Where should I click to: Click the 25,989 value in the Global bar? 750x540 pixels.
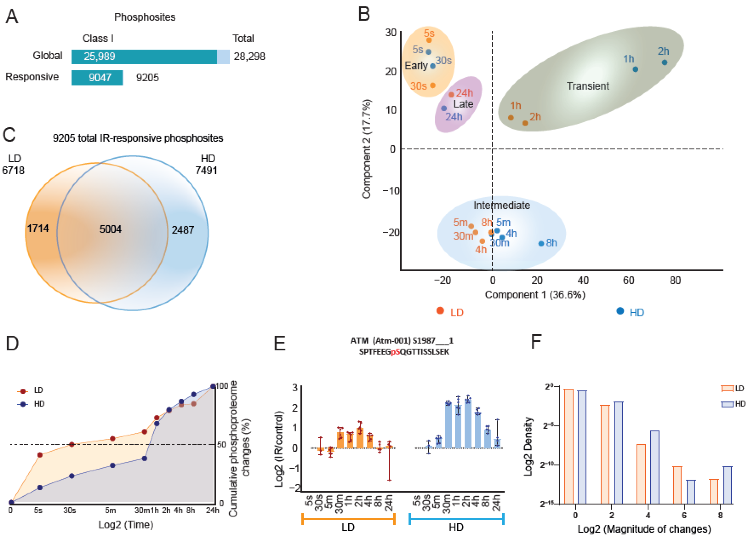99,56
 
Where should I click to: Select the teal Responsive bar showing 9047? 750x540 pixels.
97,78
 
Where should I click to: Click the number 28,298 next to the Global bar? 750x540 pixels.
249,56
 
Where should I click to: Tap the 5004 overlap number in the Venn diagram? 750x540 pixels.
110,229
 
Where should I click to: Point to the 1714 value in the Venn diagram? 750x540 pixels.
38,228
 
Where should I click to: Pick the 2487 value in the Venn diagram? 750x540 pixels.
182,230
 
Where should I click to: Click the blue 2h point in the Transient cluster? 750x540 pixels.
664,62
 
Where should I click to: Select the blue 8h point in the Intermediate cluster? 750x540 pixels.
541,243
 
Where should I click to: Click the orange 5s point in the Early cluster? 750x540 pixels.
429,40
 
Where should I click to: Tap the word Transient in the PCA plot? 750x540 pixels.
588,86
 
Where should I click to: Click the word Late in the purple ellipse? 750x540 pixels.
463,104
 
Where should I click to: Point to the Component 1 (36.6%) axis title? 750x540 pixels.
535,295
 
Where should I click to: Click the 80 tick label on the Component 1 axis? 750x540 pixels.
675,281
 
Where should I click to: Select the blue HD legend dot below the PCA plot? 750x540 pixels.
620,311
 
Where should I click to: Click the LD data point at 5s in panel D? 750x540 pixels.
40,455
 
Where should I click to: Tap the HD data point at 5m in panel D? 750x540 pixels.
112,465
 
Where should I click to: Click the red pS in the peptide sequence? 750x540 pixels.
395,352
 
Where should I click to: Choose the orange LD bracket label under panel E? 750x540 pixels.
348,527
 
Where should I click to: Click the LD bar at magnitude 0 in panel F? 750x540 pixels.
569,446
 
